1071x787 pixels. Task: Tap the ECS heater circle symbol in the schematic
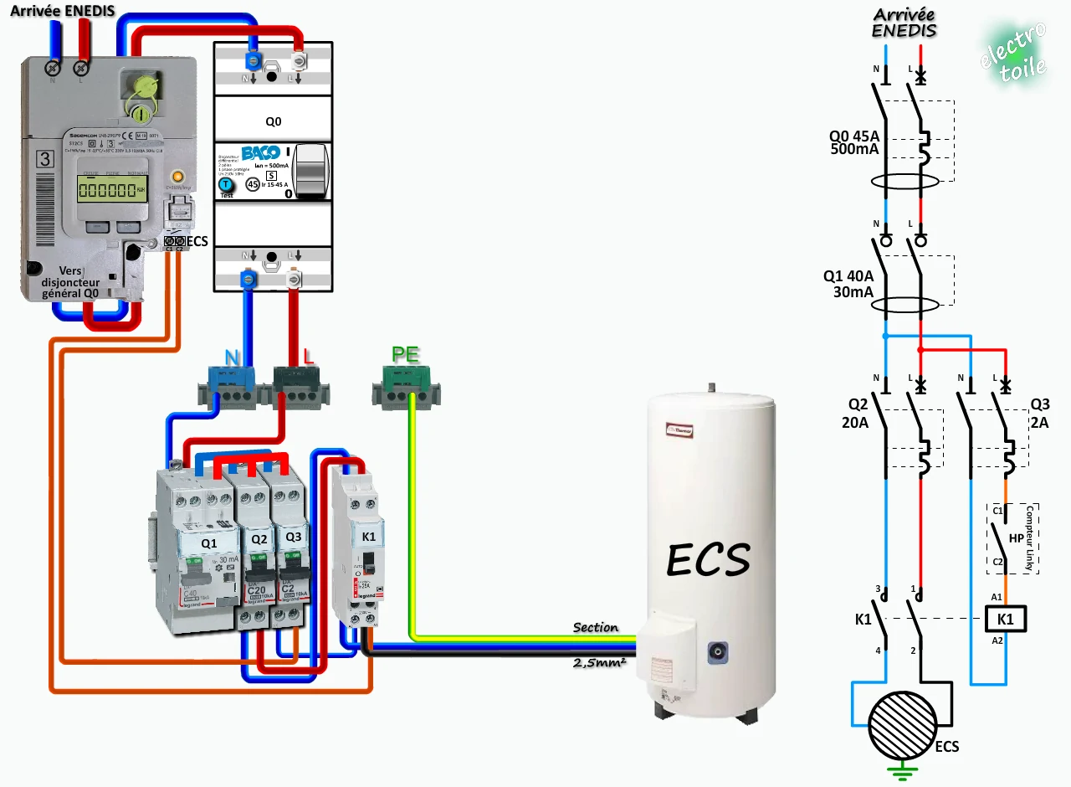point(902,727)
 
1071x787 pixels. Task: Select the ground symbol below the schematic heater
point(902,772)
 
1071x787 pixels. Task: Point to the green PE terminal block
point(406,388)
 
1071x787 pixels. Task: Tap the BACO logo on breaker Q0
point(259,154)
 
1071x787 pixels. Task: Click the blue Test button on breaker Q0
point(225,185)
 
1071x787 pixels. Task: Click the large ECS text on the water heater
point(708,559)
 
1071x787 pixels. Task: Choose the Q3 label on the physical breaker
point(293,536)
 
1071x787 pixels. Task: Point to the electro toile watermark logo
point(1013,52)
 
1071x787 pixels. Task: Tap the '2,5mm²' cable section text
point(599,662)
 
